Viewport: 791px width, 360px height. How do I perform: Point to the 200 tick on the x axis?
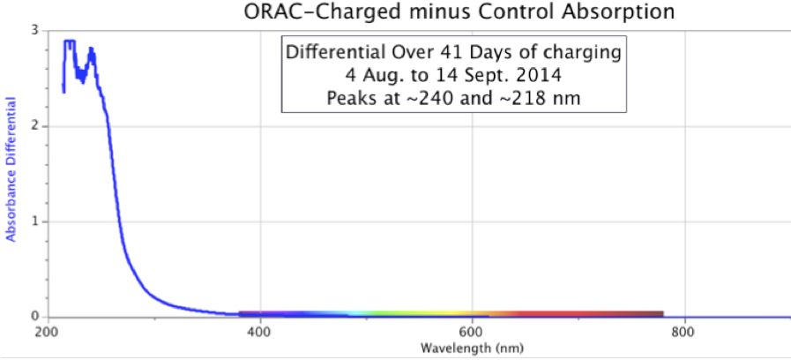pyautogui.click(x=46, y=333)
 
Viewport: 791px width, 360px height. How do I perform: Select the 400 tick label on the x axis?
pyautogui.click(x=259, y=333)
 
